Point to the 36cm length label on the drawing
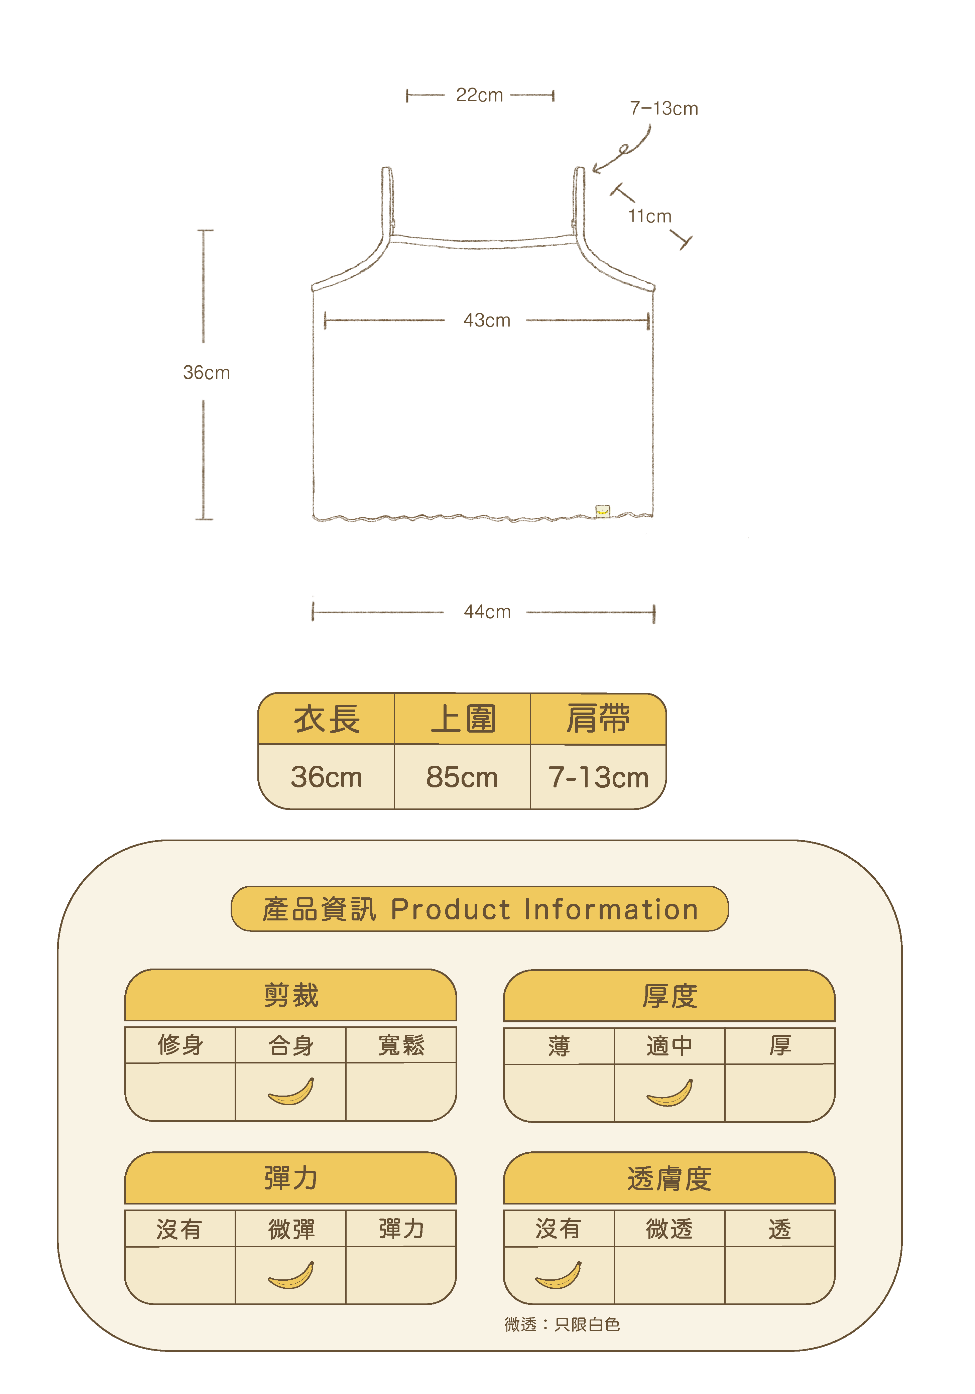[207, 372]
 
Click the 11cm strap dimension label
[649, 216]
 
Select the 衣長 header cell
[327, 720]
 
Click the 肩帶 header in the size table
[598, 720]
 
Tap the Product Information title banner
[480, 909]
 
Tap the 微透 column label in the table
[669, 1229]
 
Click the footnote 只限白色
[587, 1324]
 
